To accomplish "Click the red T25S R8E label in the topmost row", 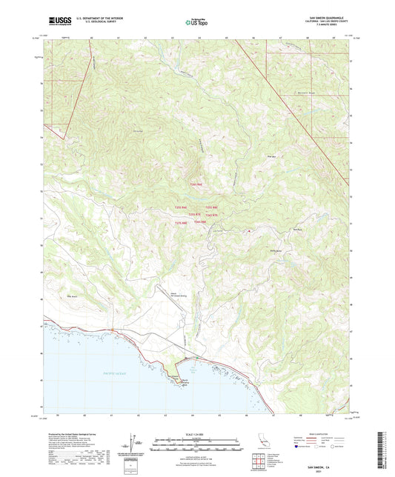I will [196, 184].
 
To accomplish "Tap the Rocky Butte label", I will [277, 252].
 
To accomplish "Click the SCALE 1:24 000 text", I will [196, 433].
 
